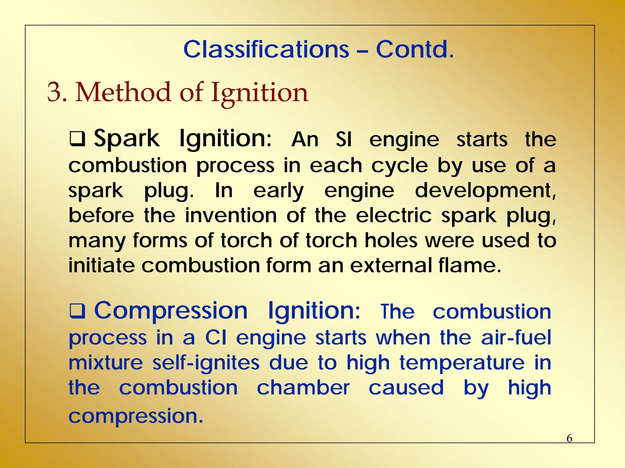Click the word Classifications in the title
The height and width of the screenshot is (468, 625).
[266, 49]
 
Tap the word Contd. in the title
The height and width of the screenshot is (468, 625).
[414, 49]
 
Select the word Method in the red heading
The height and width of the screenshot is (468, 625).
[123, 92]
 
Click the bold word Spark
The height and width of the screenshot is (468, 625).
[126, 139]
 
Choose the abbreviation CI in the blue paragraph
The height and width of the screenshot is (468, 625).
[215, 338]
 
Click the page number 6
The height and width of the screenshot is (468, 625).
[569, 438]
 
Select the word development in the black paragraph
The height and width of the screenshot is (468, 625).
[485, 191]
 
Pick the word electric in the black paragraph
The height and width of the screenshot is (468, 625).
[394, 215]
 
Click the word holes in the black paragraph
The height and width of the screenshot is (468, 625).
[391, 240]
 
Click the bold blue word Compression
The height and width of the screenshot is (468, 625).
[171, 311]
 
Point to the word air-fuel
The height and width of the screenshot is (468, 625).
[516, 338]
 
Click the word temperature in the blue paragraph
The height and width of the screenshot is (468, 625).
[462, 363]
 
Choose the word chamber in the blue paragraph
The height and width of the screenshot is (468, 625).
[303, 388]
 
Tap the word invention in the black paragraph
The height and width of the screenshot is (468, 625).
[231, 215]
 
